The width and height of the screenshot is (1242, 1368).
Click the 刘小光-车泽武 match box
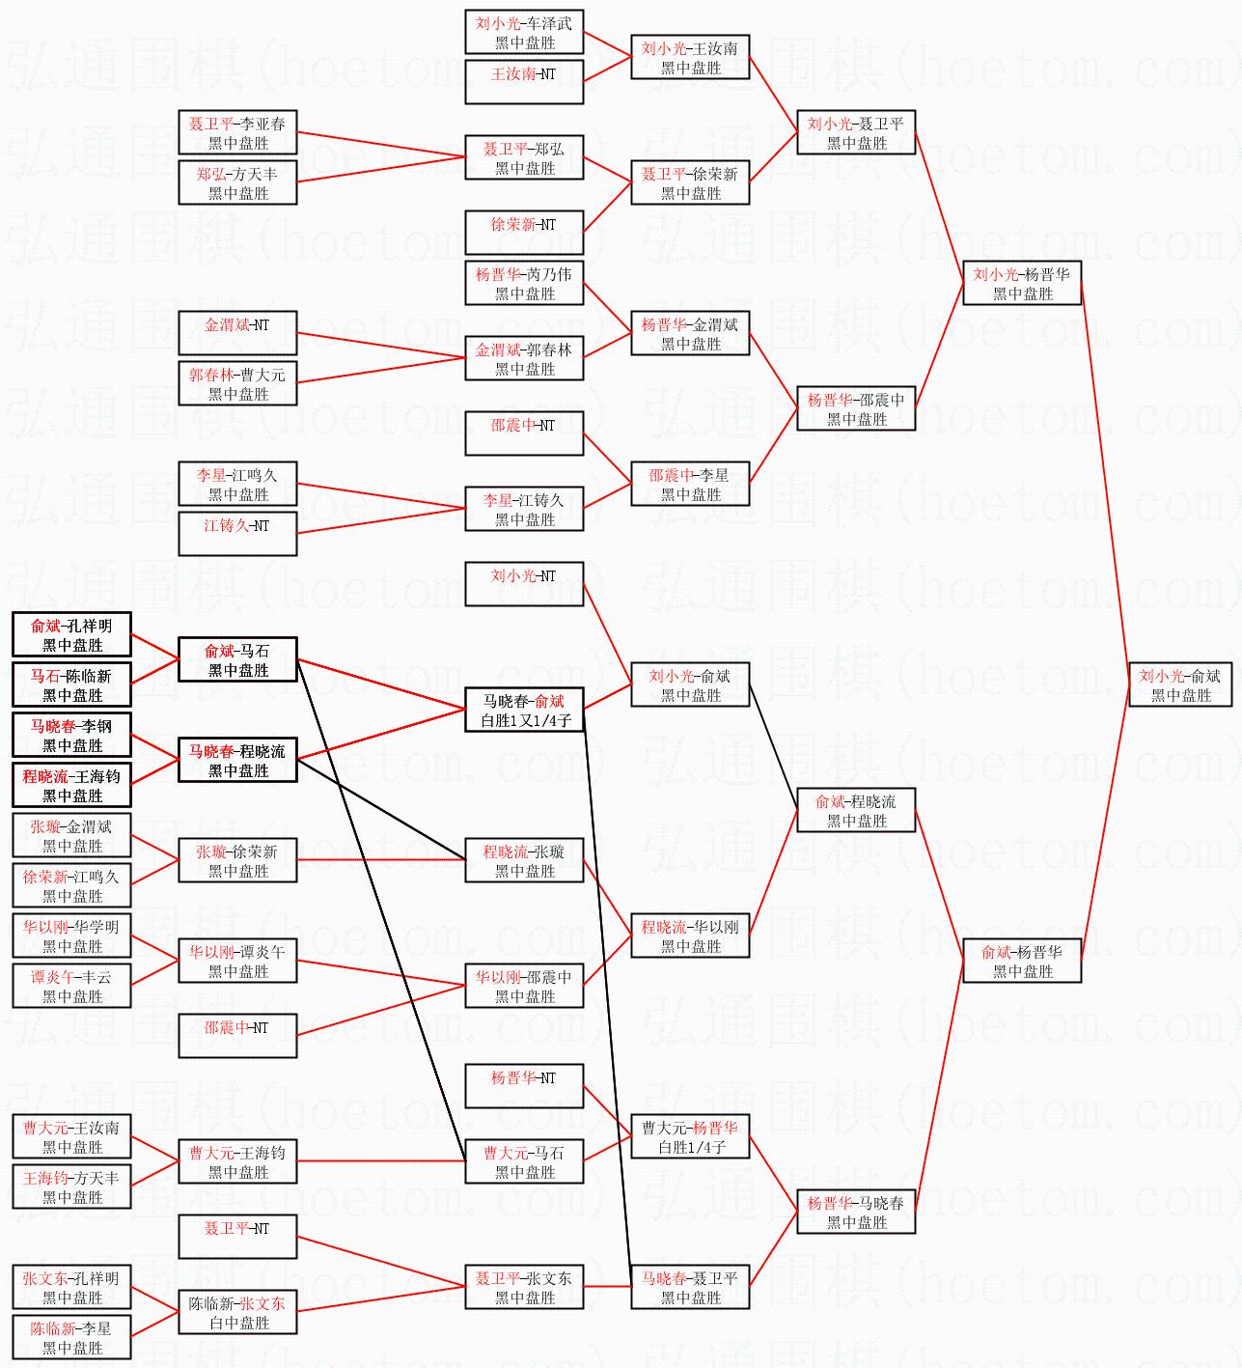coord(524,33)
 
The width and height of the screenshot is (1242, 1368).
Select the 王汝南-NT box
coord(524,82)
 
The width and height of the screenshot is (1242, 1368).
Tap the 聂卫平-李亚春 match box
coord(237,133)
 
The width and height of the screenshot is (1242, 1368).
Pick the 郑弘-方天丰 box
coord(237,183)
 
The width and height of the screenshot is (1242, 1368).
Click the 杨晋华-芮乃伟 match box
coord(524,284)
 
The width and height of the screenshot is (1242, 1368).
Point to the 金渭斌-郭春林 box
coord(524,359)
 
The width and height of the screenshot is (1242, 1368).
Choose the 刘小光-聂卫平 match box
coord(856,133)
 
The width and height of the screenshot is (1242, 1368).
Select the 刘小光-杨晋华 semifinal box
coord(1022,284)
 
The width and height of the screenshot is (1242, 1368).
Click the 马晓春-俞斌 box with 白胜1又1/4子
coord(524,711)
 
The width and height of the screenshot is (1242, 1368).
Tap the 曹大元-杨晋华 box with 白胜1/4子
coord(690,1137)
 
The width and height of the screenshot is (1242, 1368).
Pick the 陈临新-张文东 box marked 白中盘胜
coord(237,1313)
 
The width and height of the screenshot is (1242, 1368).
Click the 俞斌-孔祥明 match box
coord(71,635)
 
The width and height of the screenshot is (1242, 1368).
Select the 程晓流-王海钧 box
coord(71,786)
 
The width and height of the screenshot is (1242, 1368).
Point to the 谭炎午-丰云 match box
coord(71,987)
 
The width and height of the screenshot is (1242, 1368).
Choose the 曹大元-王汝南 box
coord(71,1137)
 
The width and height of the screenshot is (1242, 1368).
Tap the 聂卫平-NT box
coord(237,1238)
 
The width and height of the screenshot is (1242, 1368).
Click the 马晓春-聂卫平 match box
coord(690,1288)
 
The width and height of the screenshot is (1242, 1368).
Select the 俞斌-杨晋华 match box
coord(1022,962)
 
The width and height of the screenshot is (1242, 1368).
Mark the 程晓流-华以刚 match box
coord(690,936)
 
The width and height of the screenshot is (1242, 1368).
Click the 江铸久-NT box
coord(237,534)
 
